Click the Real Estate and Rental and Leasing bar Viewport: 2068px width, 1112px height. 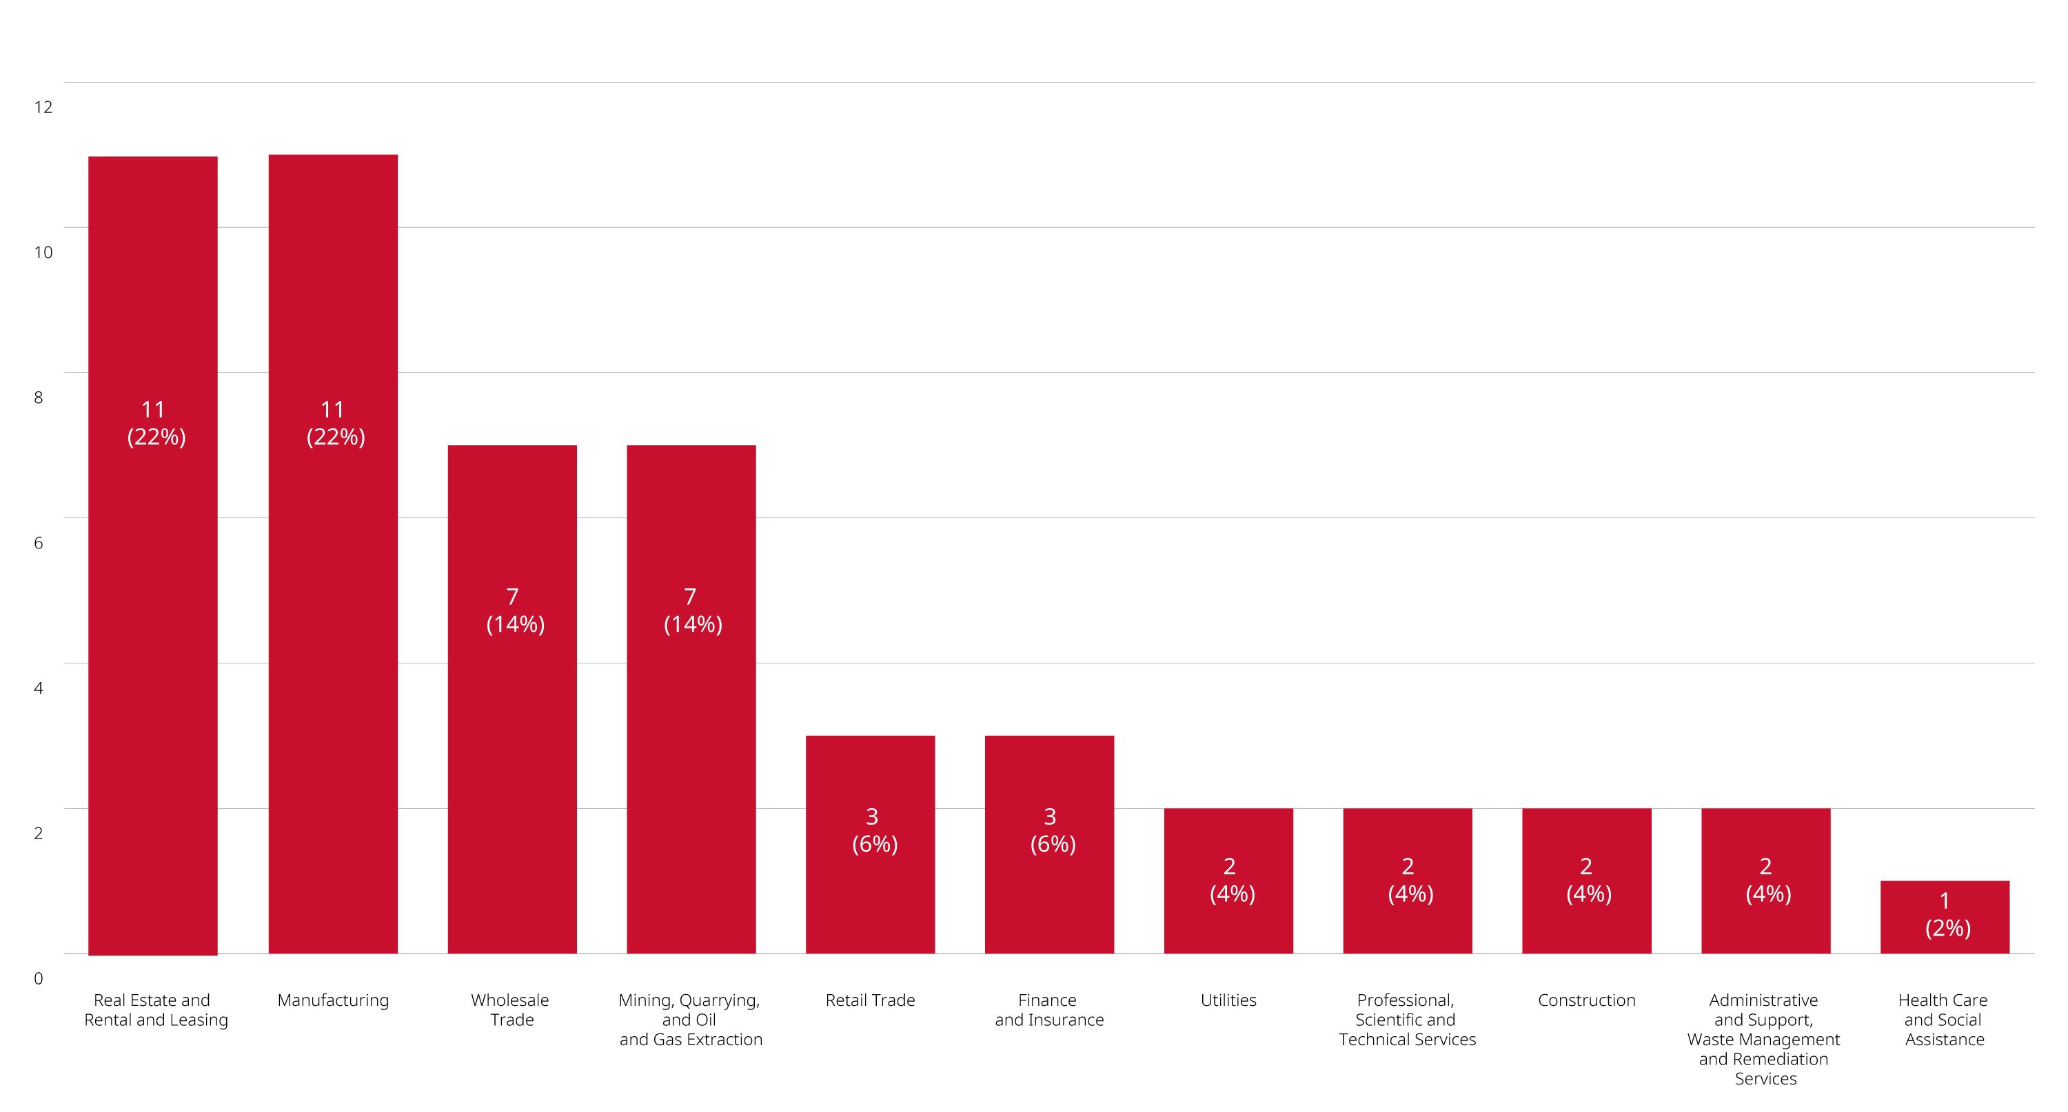tap(152, 642)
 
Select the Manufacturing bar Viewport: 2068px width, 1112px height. tap(332, 642)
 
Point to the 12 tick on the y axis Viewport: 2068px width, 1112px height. tap(43, 107)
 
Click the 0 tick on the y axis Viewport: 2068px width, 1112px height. tap(39, 978)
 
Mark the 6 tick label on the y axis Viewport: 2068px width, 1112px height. tap(39, 542)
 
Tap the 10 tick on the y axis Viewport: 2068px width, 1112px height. tap(43, 252)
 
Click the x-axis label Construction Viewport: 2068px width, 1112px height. tap(1586, 1000)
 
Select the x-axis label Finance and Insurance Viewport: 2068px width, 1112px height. tap(1049, 1010)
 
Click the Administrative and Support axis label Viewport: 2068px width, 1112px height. tap(1765, 1039)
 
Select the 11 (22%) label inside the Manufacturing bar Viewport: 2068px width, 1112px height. tap(335, 423)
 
